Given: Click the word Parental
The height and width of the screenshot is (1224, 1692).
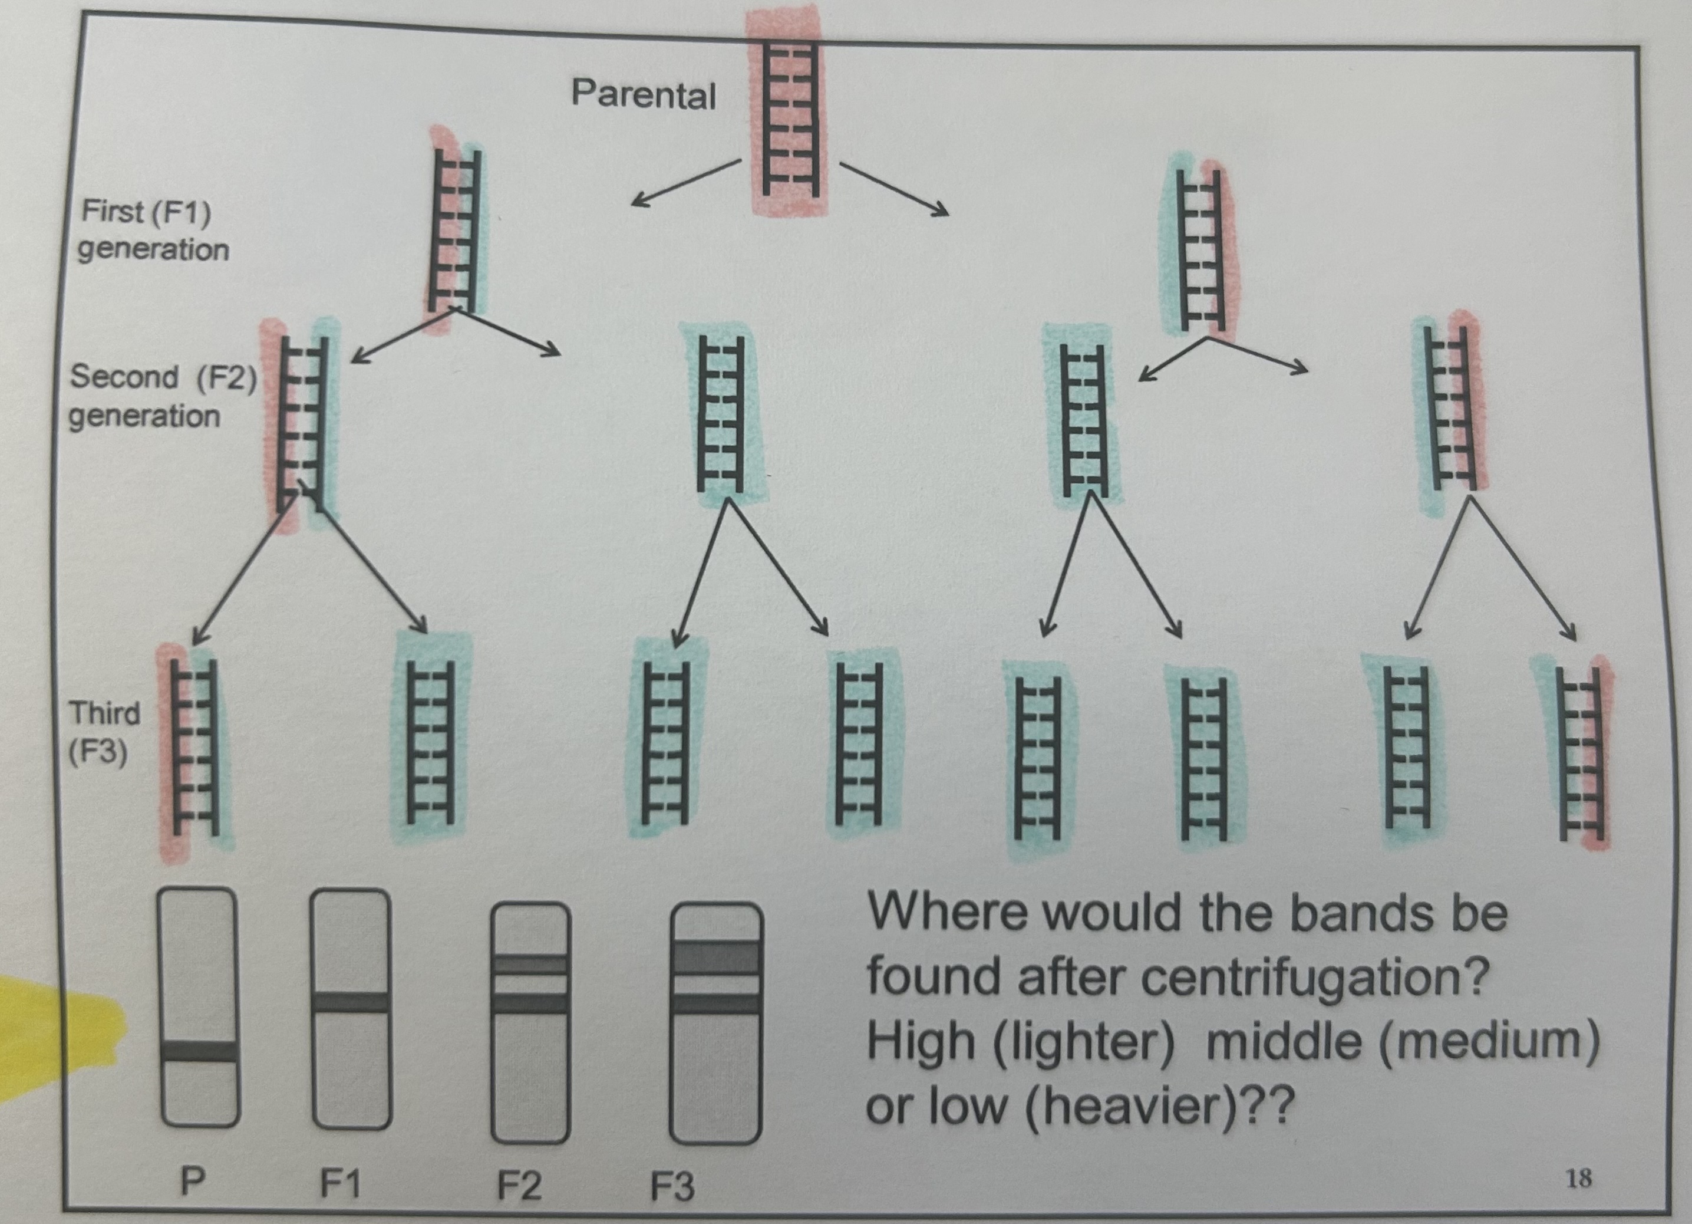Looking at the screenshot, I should click(x=643, y=96).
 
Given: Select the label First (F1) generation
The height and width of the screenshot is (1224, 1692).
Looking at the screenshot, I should click(x=153, y=230).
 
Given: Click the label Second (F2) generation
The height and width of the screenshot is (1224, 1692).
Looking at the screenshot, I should click(x=162, y=396).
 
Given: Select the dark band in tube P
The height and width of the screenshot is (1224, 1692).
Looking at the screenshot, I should click(x=200, y=1050).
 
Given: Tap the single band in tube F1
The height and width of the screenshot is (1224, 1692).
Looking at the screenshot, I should click(x=350, y=1002).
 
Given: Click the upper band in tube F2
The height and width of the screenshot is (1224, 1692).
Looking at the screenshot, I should click(x=530, y=964).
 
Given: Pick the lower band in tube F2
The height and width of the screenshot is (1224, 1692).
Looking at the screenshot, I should click(x=530, y=1002).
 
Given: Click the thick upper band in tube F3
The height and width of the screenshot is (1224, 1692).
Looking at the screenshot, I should click(x=716, y=957).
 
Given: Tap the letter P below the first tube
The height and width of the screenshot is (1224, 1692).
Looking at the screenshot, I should click(x=193, y=1182).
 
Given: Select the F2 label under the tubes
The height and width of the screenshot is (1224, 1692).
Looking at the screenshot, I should click(x=519, y=1185).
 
